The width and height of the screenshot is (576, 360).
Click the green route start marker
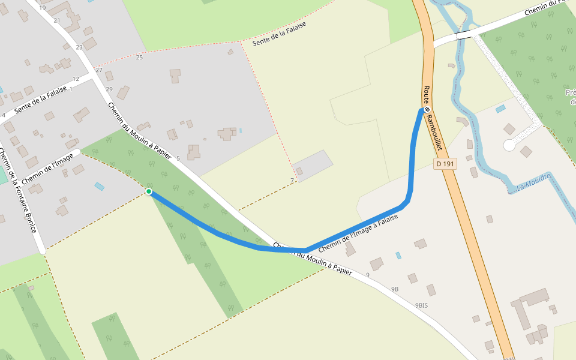[149, 191]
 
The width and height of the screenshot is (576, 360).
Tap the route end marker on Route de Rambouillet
[427, 110]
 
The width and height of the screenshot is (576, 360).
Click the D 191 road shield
[445, 163]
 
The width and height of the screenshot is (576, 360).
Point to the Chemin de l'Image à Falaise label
[358, 233]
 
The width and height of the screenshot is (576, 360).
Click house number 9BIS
[422, 305]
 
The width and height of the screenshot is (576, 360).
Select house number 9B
[395, 289]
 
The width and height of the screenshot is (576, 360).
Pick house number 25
[139, 58]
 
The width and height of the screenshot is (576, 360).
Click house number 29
[109, 89]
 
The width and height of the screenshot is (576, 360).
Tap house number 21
[57, 20]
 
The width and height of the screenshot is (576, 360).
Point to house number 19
[42, 8]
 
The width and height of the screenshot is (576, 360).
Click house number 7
[292, 181]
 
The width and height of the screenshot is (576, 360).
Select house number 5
[178, 158]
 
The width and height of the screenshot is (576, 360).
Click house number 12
[76, 79]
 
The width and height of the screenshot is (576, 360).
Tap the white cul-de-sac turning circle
[509, 145]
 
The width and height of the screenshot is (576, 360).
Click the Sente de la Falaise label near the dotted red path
[279, 34]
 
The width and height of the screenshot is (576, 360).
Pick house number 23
[79, 47]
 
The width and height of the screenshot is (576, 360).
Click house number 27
[99, 70]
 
